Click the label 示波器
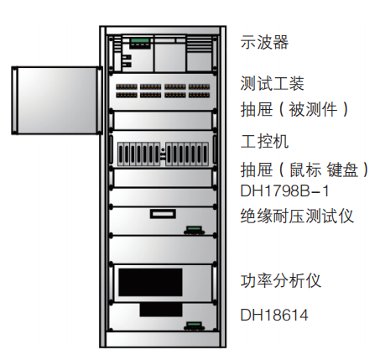pyautogui.click(x=264, y=42)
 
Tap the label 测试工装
pyautogui.click(x=272, y=83)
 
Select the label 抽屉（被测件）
pyautogui.click(x=294, y=109)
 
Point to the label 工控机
pyautogui.click(x=264, y=142)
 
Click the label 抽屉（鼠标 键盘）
pyautogui.click(x=305, y=170)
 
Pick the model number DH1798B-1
pyautogui.click(x=284, y=191)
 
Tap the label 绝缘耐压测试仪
pyautogui.click(x=297, y=216)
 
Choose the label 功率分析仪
pyautogui.click(x=280, y=280)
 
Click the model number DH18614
pyautogui.click(x=274, y=315)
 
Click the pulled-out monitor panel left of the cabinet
pyautogui.click(x=57, y=101)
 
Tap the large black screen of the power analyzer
pyautogui.click(x=150, y=282)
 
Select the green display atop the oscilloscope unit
pyautogui.click(x=140, y=41)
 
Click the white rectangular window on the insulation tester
pyautogui.click(x=163, y=214)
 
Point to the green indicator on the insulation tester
pyautogui.click(x=195, y=228)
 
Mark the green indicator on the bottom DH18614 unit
pyautogui.click(x=195, y=324)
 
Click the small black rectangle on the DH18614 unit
pyautogui.click(x=161, y=310)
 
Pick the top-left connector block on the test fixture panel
pyautogui.click(x=127, y=86)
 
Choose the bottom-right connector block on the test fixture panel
pyautogui.click(x=199, y=95)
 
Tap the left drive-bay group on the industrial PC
pyautogui.click(x=138, y=154)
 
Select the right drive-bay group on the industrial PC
pyautogui.click(x=187, y=154)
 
